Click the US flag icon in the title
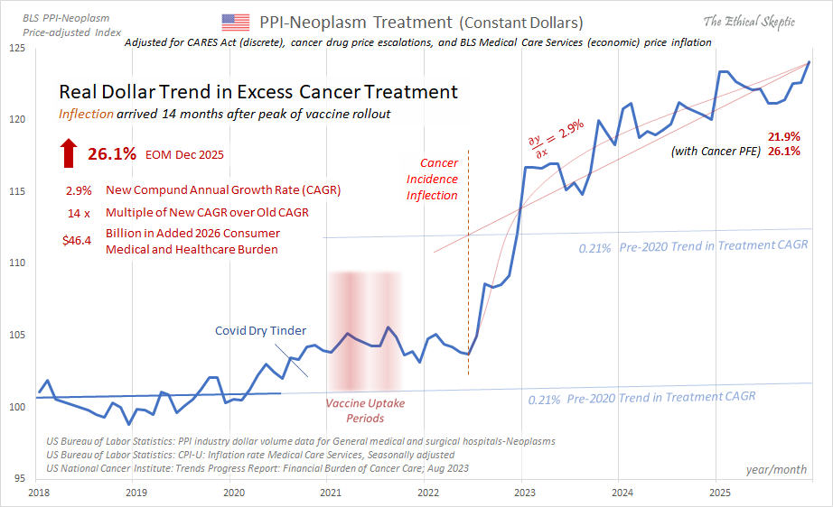pos(235,23)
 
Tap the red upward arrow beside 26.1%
pos(69,154)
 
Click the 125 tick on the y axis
pos(18,47)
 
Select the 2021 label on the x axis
pos(330,493)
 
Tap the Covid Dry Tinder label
pos(259,331)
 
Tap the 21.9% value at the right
pos(783,136)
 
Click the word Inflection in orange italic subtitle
pos(87,114)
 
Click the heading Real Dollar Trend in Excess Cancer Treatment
pos(257,92)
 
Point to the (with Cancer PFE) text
pos(716,152)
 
